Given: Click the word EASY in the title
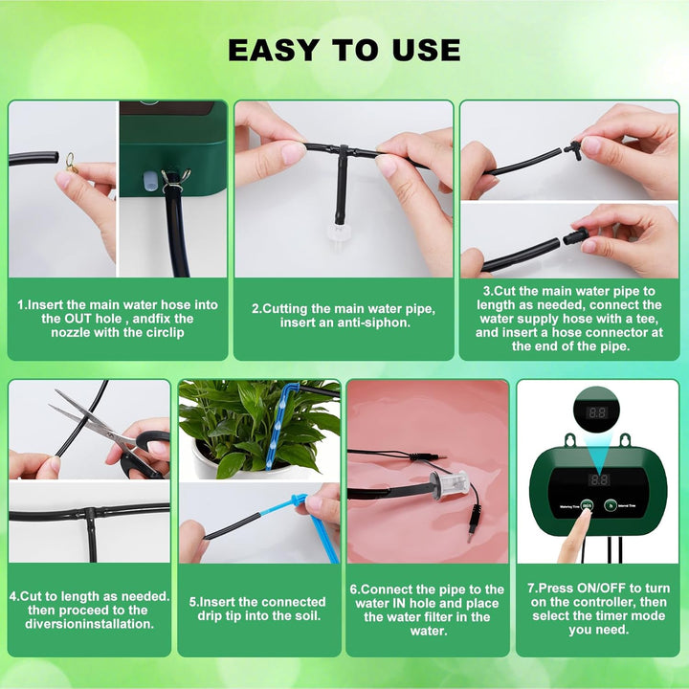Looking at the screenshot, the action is [x=274, y=50].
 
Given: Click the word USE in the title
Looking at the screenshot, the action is [x=427, y=50].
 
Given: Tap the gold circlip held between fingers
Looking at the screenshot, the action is [x=71, y=162].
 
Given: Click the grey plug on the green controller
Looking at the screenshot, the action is [x=149, y=181].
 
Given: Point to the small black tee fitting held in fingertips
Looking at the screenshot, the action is [x=572, y=149].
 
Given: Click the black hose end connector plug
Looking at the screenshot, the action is [x=575, y=236].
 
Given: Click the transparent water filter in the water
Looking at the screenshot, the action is [x=448, y=484].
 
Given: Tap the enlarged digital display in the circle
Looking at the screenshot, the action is [x=597, y=412].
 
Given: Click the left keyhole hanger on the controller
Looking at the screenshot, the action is [x=570, y=440].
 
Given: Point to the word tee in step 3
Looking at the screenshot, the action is [x=647, y=319].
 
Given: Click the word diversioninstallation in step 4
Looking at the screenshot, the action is [x=90, y=624].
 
